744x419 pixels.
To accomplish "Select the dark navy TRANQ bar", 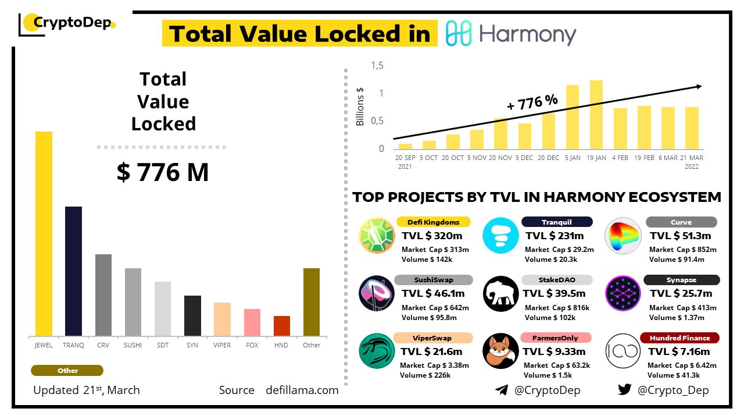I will point(73,271).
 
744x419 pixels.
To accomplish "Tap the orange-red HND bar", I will point(281,326).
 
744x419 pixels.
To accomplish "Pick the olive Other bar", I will point(312,302).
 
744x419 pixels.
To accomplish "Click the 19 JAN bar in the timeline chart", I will point(596,115).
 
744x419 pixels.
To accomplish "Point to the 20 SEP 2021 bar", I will point(405,146).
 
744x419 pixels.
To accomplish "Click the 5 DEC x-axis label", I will point(524,158).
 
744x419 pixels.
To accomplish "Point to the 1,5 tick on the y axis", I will point(378,66).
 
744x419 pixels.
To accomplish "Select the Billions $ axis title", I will point(360,106).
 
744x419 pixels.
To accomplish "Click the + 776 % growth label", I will point(532,102).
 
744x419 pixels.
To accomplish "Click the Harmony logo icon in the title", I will point(459,34).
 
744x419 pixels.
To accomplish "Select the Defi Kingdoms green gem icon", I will point(377,235).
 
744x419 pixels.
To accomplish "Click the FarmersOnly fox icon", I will point(500,351).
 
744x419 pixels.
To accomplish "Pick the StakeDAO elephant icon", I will point(500,293).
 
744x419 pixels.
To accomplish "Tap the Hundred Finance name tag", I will point(679,338).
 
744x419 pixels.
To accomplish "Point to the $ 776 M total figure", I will point(163,173).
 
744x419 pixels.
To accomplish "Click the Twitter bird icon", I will point(624,390).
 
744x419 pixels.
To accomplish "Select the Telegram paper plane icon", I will point(502,390).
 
